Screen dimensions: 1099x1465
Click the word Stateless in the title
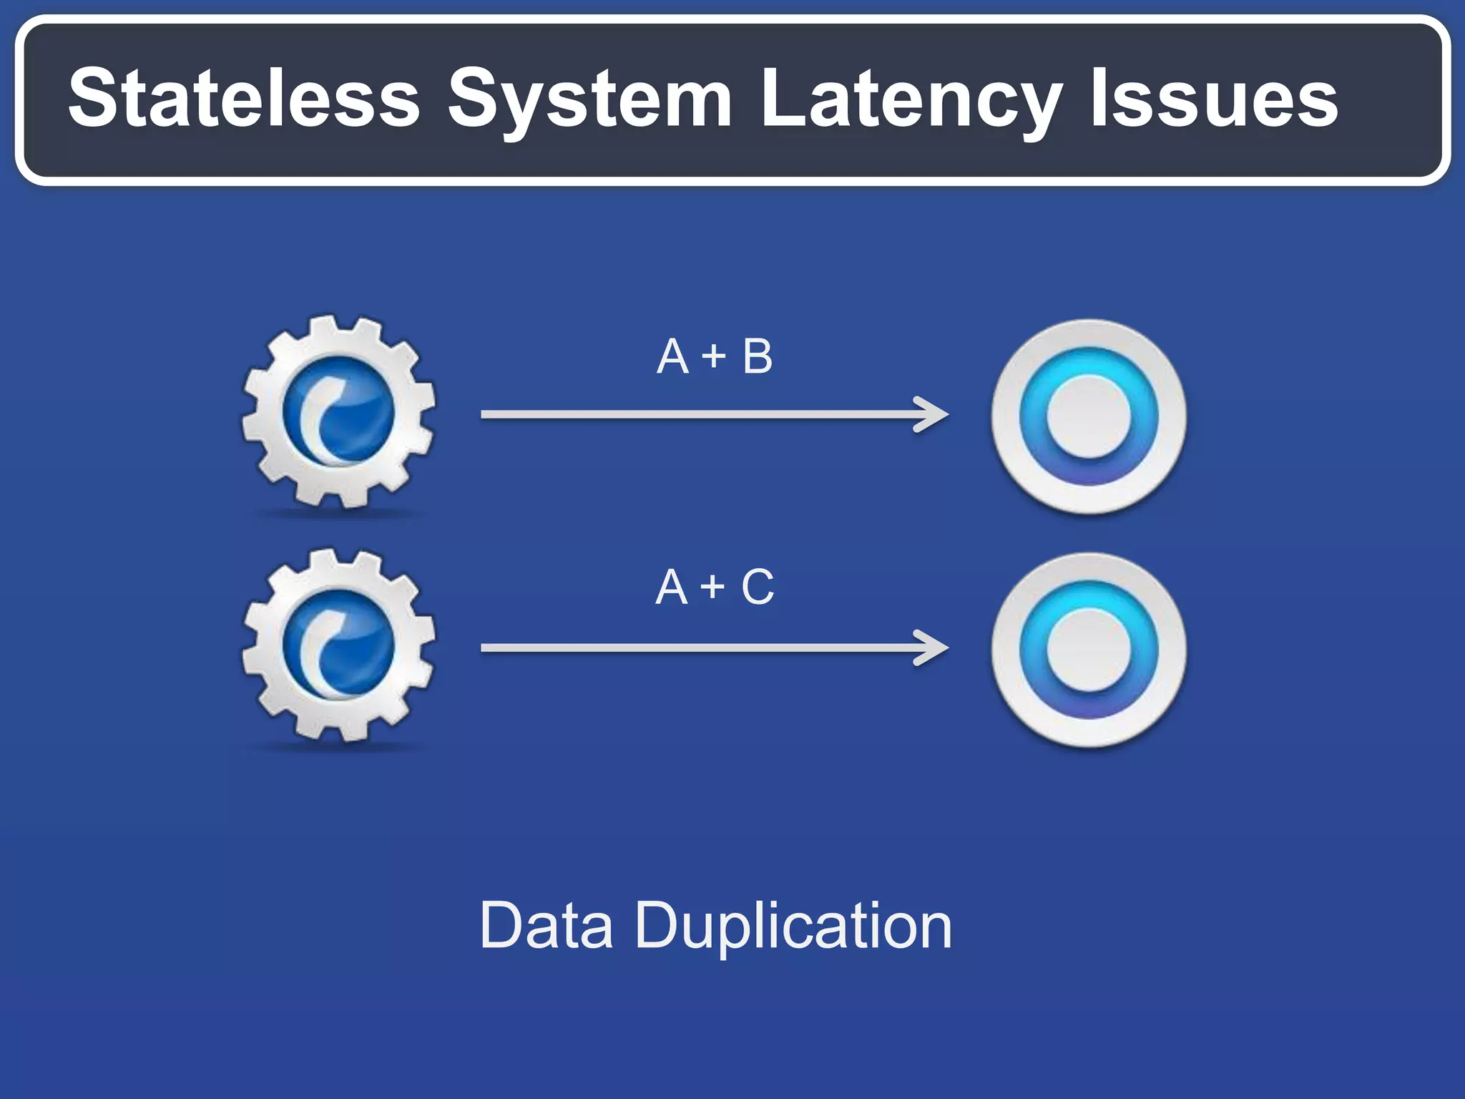(244, 98)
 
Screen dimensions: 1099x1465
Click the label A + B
(715, 356)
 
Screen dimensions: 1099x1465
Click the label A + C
(715, 587)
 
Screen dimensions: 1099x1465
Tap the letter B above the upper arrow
(758, 356)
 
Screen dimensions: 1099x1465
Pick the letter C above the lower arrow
(758, 587)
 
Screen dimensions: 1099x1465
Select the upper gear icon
(338, 412)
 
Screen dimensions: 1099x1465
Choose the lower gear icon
(338, 645)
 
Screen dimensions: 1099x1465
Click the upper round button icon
(1088, 416)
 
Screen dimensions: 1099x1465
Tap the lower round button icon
(1088, 650)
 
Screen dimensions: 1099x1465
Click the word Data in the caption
(547, 926)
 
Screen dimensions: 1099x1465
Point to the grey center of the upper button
(1088, 416)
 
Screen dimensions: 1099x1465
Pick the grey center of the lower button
(1088, 650)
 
